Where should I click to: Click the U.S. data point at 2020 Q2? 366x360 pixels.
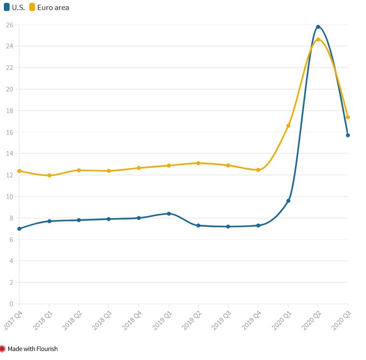pos(318,27)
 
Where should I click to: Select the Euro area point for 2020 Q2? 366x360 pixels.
pos(318,39)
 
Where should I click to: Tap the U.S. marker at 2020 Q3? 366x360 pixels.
pos(348,135)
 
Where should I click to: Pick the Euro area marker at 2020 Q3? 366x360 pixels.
pos(348,117)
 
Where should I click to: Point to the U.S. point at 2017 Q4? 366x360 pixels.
pos(19,229)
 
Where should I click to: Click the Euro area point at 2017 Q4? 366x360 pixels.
pos(19,171)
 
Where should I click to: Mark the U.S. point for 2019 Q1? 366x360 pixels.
pos(168,213)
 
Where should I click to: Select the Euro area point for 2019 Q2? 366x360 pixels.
pos(198,163)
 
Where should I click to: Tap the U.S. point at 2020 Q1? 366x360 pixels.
pos(288,201)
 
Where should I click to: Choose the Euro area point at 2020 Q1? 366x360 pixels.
pos(288,126)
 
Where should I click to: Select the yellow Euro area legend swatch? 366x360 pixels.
pos(32,7)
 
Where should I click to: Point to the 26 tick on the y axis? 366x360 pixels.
pos(10,24)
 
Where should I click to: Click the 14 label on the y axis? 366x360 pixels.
pos(10,153)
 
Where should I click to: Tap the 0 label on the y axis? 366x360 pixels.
pos(11,304)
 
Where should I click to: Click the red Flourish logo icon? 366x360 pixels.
pos(3,348)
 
